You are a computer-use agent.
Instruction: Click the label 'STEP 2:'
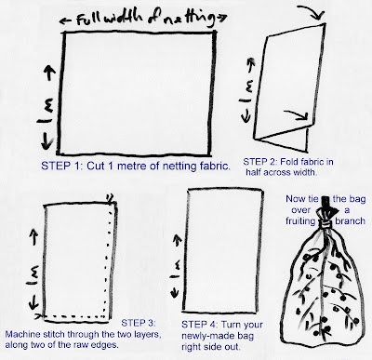(259, 162)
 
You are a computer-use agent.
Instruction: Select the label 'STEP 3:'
(138, 323)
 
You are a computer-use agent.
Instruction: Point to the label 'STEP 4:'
(199, 325)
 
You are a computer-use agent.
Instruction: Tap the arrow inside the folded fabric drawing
(297, 114)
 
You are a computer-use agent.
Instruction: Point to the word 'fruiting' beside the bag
(300, 221)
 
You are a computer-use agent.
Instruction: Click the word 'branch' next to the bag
(350, 220)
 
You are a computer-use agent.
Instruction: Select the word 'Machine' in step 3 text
(22, 335)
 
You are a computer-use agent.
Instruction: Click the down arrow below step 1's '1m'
(46, 140)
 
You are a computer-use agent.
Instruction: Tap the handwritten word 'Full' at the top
(88, 20)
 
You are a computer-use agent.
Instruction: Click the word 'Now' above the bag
(294, 199)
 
